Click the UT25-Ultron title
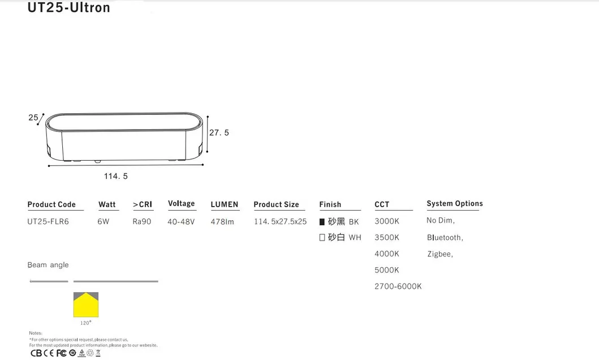[68, 8]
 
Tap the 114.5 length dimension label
[115, 176]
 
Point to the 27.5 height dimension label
[219, 132]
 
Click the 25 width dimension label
[33, 118]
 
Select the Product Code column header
[51, 204]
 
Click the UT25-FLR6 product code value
[48, 221]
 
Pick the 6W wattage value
[103, 221]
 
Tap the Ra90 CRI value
[142, 221]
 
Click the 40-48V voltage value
[181, 221]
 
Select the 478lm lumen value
[222, 221]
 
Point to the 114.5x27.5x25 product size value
[280, 221]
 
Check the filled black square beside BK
[322, 222]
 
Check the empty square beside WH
[322, 238]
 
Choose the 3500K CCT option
[387, 237]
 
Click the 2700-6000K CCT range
[398, 286]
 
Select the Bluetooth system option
[445, 238]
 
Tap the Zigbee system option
[440, 254]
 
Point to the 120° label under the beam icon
[86, 323]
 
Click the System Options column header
[455, 204]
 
